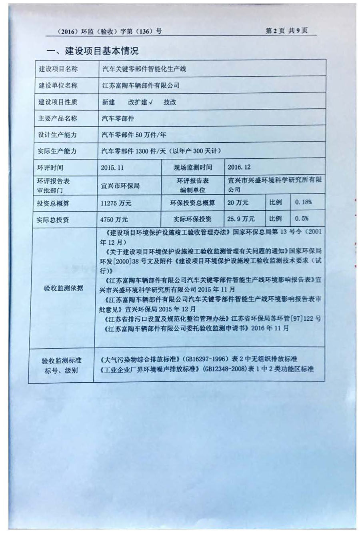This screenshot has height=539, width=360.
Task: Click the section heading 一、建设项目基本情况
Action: [93, 51]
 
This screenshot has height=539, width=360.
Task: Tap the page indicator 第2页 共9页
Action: [286, 31]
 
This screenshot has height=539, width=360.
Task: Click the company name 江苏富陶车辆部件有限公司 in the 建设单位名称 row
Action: [141, 85]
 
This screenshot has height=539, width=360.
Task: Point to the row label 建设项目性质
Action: [58, 102]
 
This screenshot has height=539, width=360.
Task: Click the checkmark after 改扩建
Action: [151, 102]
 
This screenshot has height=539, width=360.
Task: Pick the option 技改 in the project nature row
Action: [170, 102]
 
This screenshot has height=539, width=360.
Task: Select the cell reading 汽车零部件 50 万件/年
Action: [134, 135]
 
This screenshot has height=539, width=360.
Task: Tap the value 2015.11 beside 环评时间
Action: [112, 168]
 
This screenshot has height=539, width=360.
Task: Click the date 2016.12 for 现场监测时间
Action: [239, 167]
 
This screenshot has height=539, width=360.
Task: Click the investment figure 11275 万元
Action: [116, 203]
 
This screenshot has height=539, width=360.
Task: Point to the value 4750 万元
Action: [114, 220]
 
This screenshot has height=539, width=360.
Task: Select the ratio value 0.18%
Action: [303, 202]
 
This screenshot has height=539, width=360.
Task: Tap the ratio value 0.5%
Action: [302, 219]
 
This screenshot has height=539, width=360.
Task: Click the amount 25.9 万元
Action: [241, 219]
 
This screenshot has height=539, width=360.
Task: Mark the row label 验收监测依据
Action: [63, 288]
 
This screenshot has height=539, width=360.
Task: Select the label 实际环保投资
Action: [192, 219]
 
